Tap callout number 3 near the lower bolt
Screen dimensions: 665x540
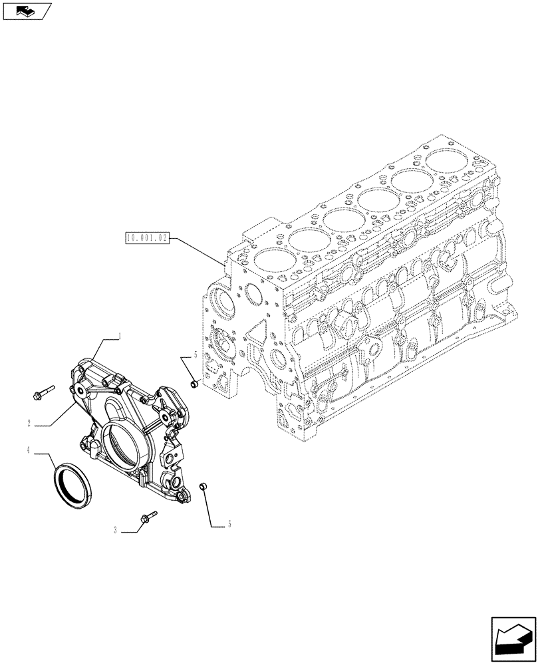[x=116, y=530]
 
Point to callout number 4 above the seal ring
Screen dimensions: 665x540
[x=29, y=451]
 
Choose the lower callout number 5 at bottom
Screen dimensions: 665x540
[x=229, y=524]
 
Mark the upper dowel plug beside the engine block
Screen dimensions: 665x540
[x=194, y=382]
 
